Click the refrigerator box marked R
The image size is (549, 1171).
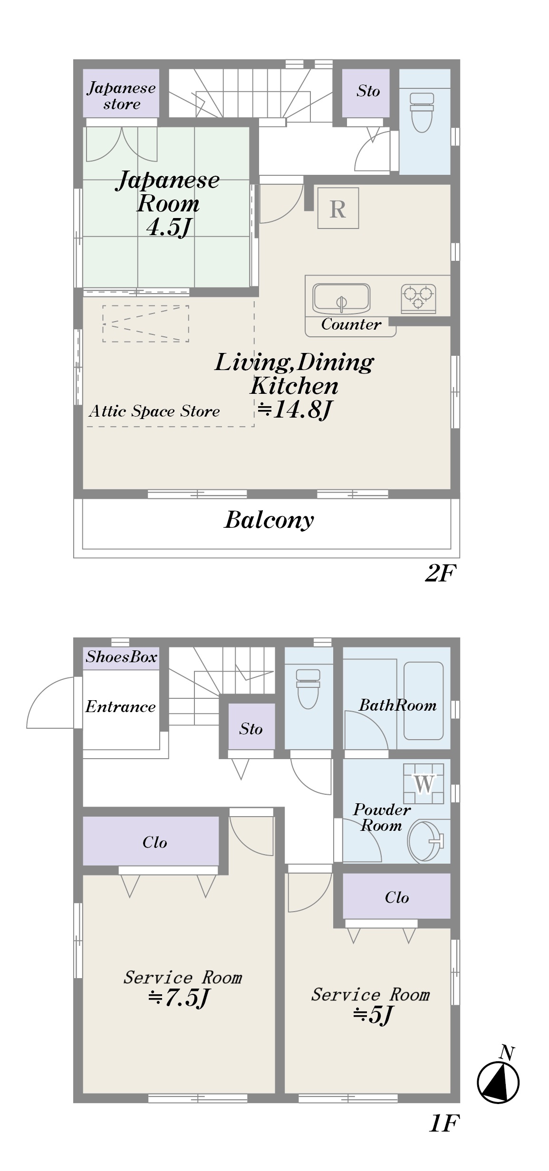338,208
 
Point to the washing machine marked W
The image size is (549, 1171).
423,783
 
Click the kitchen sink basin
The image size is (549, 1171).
341,299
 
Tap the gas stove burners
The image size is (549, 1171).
418,298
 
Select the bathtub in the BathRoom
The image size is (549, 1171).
424,701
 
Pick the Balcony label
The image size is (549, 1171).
269,520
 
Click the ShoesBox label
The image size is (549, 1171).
121,657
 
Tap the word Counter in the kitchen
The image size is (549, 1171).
351,324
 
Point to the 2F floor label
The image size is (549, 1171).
440,574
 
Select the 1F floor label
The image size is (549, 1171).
444,1124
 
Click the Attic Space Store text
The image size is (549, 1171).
154,411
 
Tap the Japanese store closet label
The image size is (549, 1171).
122,96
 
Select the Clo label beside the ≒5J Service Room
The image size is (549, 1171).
397,897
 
